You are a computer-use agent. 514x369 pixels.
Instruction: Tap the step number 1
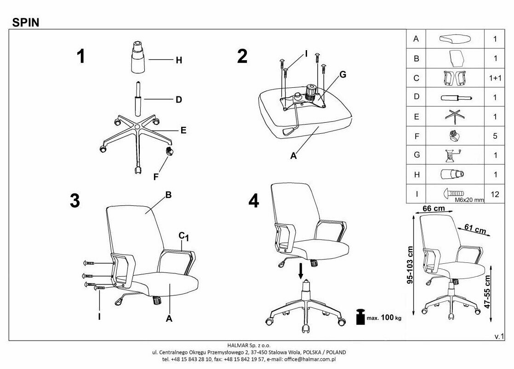point(81,57)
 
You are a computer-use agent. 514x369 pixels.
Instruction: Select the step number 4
point(253,201)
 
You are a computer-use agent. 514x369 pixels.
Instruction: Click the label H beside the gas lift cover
point(179,60)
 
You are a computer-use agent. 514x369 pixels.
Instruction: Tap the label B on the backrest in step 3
point(168,195)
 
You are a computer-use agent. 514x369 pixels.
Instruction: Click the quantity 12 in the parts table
point(495,194)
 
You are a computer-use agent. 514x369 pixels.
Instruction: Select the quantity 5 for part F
point(495,136)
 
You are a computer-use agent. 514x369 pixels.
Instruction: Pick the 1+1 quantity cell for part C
point(495,78)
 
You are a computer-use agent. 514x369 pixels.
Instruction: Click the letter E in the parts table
point(416,117)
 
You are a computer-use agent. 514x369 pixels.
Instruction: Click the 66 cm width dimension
point(433,209)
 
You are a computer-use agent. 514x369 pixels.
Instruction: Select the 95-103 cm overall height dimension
point(410,265)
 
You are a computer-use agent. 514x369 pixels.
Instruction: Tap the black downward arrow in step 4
point(301,271)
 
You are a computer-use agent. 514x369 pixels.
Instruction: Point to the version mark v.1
point(499,336)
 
